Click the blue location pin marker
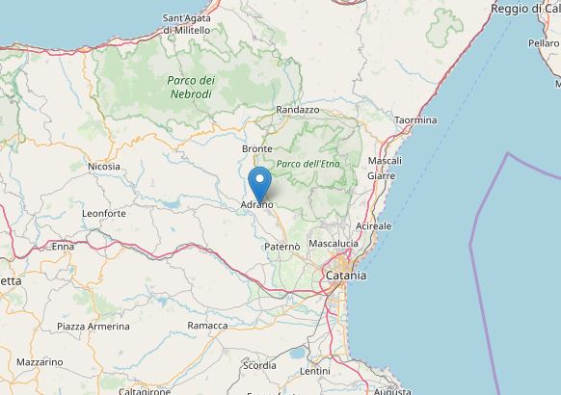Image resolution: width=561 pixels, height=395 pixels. (x=259, y=182)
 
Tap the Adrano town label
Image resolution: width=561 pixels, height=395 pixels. (x=257, y=204)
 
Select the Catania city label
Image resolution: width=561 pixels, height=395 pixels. (x=345, y=276)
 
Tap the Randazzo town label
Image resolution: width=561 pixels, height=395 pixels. (x=297, y=111)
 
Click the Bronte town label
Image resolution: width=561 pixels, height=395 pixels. (x=257, y=149)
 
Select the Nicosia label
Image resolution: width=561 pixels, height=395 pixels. (x=104, y=167)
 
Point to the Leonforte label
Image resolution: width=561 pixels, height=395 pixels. (x=104, y=213)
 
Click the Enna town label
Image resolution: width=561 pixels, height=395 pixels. (x=63, y=247)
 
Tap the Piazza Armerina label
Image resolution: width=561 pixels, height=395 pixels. (x=93, y=327)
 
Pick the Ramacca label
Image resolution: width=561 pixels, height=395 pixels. (x=207, y=326)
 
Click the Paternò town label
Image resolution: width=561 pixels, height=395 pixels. (x=282, y=247)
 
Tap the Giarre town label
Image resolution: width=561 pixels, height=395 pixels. (x=381, y=176)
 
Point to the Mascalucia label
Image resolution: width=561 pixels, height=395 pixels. (x=334, y=244)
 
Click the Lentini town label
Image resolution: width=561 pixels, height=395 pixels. (x=314, y=371)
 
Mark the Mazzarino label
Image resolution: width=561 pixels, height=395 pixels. (x=40, y=362)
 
